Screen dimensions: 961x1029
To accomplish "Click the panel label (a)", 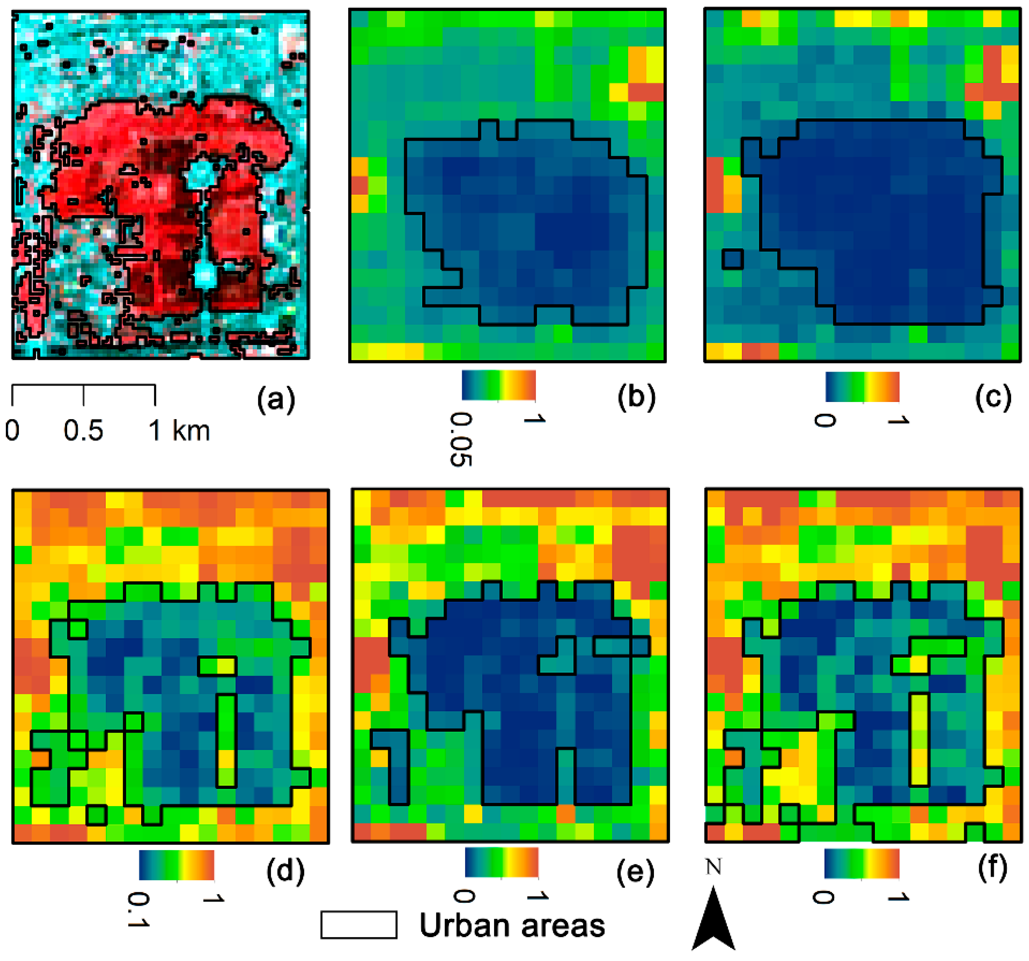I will tap(276, 399).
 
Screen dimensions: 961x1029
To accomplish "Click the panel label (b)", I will tap(636, 397).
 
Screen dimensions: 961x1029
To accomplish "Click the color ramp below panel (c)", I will tap(862, 386).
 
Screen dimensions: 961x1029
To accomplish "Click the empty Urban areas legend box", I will tap(359, 925).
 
